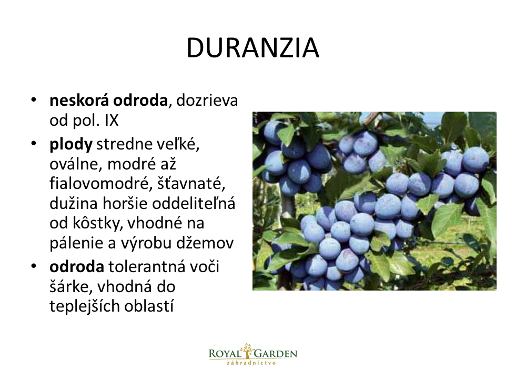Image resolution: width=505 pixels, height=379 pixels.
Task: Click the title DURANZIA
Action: point(253,48)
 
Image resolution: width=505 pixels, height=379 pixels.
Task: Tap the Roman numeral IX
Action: point(112,120)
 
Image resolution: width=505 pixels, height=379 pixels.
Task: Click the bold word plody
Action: point(71,145)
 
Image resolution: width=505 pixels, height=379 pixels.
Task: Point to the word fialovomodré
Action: point(101,183)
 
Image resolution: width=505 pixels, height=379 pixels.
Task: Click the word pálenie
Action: point(76,243)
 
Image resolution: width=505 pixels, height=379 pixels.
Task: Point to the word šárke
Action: point(71,287)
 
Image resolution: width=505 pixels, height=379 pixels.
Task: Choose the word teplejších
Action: point(84,306)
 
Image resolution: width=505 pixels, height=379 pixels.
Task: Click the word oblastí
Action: point(149,306)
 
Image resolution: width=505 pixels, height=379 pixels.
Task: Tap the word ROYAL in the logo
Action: point(225,354)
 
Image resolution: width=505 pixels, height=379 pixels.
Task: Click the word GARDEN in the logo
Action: point(276,354)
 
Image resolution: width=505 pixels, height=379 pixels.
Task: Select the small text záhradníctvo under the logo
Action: point(251,363)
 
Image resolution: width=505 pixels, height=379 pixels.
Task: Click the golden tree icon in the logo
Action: point(247,351)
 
